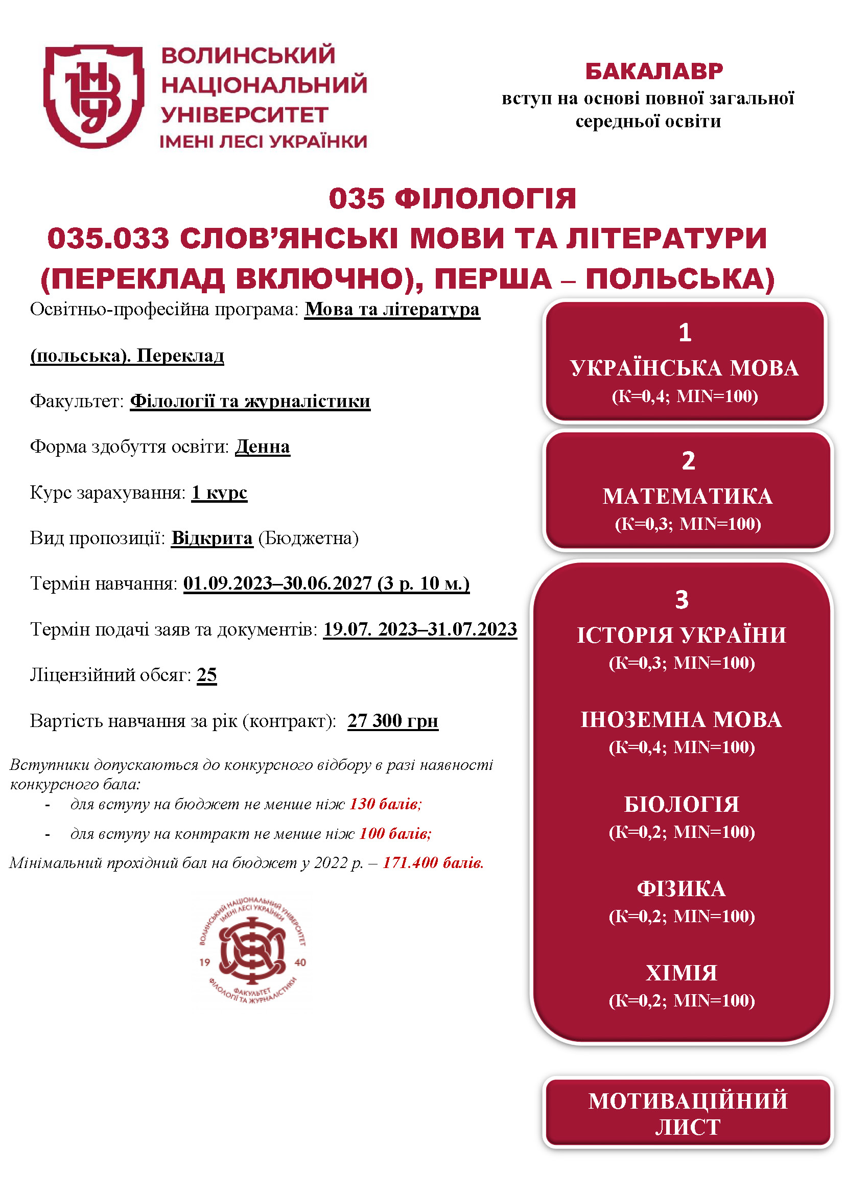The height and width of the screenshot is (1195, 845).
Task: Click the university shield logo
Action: tap(93, 96)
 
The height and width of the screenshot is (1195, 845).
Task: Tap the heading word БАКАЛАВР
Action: tap(654, 72)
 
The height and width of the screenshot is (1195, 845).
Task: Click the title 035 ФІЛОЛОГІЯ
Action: tap(452, 198)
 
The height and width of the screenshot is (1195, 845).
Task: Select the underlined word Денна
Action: tap(262, 447)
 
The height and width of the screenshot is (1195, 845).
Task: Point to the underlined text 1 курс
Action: tap(219, 493)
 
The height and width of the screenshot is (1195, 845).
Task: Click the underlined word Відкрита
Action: tap(212, 537)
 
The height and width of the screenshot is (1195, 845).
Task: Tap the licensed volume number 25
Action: tap(206, 675)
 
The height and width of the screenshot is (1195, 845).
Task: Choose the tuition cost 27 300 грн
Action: tap(393, 721)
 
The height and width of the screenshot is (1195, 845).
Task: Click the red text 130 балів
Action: tap(385, 804)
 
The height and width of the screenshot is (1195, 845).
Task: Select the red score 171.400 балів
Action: tap(433, 863)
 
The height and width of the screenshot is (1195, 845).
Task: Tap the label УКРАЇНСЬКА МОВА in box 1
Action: tap(684, 368)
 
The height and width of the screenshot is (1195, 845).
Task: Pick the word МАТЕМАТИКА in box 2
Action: tap(687, 496)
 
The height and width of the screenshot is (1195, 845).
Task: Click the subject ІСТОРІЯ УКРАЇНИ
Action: tap(682, 635)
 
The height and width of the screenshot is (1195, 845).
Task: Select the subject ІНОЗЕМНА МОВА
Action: tap(682, 719)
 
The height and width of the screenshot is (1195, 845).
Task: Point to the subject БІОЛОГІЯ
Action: tap(682, 804)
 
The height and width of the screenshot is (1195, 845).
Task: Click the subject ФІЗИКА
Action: tap(682, 888)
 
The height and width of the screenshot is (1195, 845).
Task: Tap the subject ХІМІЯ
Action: tap(682, 973)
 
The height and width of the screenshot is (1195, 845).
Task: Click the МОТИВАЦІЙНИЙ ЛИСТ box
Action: tap(687, 1114)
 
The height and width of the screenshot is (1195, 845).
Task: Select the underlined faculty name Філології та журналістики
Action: tap(250, 401)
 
